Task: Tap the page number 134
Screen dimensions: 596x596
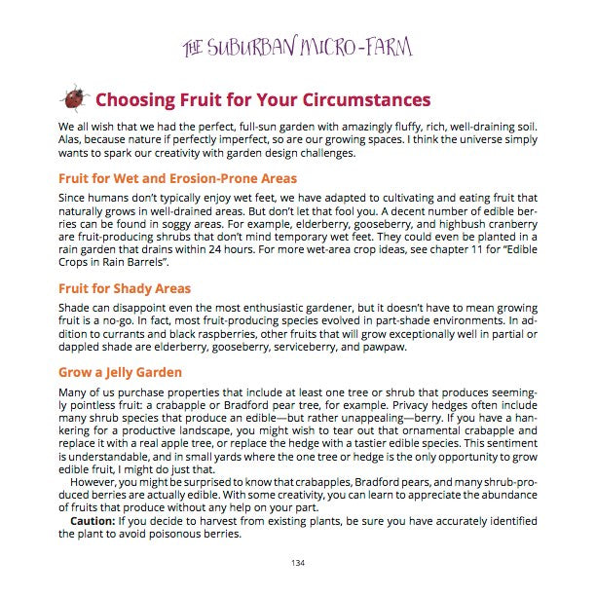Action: (x=298, y=563)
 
